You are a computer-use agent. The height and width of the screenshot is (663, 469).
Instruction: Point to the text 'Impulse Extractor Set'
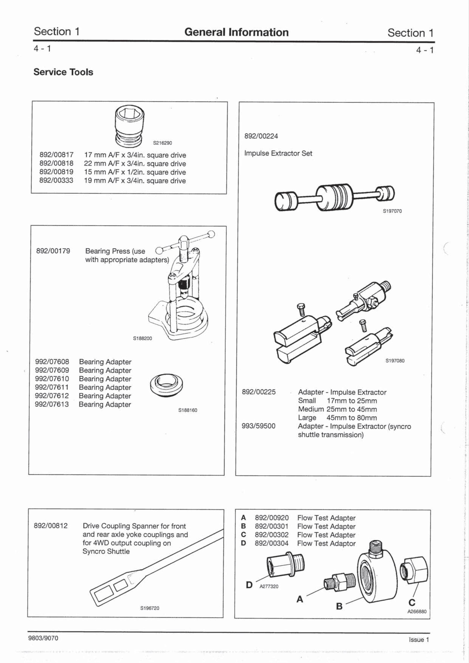278,153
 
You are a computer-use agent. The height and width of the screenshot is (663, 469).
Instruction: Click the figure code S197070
392,211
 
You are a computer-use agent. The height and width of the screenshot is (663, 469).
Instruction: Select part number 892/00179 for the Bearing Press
53,251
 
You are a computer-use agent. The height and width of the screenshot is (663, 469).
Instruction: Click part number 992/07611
52,387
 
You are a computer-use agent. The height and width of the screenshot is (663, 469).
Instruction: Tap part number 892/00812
51,526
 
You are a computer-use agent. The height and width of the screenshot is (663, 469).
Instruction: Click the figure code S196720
150,608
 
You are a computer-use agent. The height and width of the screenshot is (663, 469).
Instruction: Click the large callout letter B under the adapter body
339,606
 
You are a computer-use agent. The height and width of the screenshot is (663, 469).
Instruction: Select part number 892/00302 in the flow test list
272,535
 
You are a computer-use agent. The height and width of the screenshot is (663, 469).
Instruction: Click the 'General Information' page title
236,32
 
